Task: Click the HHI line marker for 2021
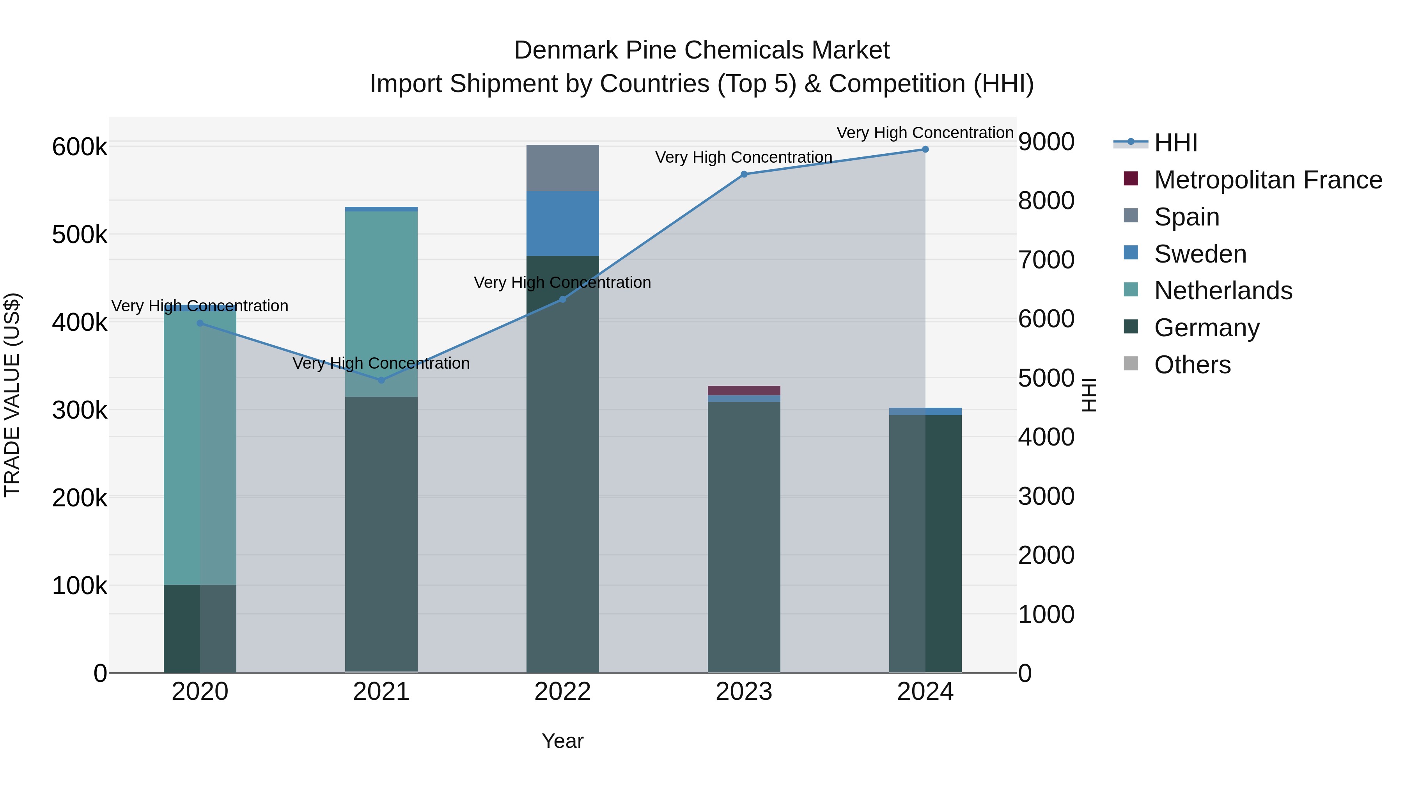(381, 380)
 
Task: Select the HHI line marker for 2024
(925, 149)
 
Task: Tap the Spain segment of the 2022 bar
(562, 168)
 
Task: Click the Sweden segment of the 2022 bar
(562, 224)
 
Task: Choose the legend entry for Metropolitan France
(1268, 180)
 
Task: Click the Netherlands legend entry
(1223, 291)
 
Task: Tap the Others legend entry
(1192, 365)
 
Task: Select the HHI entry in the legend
(1175, 143)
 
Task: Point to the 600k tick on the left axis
(80, 147)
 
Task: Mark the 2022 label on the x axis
(562, 692)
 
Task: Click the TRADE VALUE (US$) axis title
(12, 395)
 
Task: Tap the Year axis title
(562, 741)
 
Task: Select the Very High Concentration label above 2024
(925, 133)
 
